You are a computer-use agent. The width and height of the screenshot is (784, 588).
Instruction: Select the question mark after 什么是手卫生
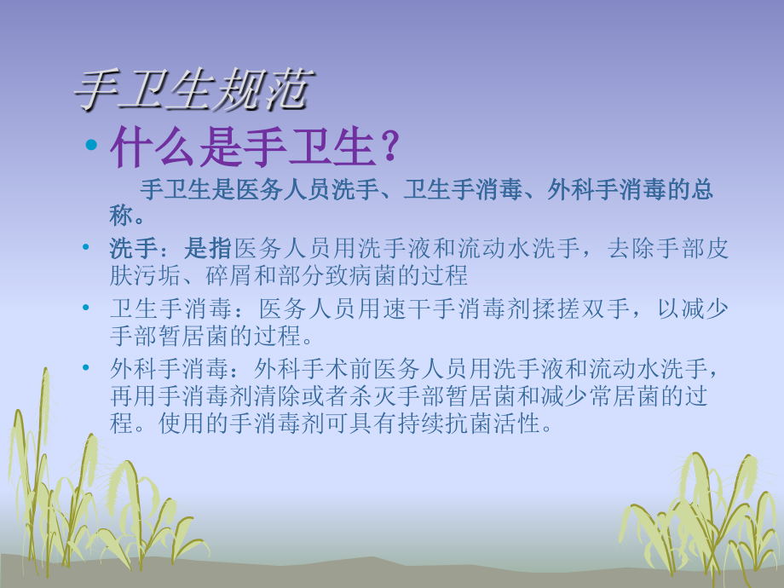(389, 148)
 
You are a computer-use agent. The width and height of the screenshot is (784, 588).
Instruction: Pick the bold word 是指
(208, 249)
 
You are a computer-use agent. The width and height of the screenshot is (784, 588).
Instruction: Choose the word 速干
(404, 308)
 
